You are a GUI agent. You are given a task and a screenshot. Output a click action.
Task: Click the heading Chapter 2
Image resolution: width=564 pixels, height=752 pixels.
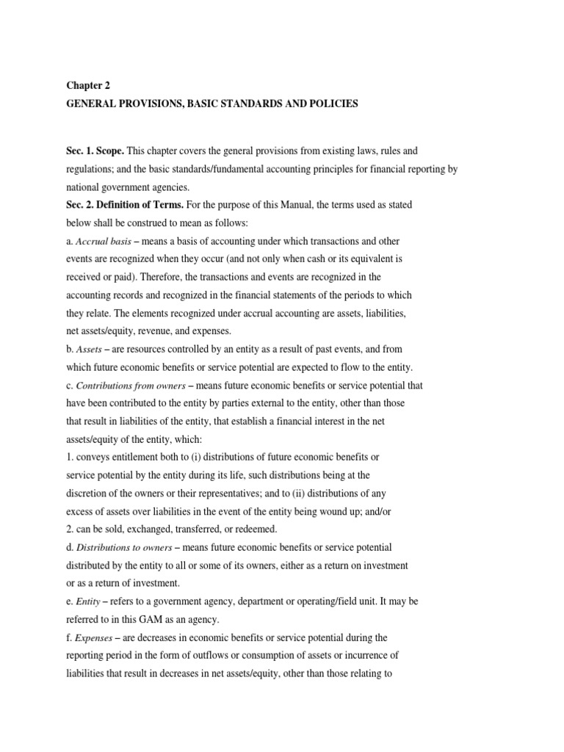pyautogui.click(x=87, y=85)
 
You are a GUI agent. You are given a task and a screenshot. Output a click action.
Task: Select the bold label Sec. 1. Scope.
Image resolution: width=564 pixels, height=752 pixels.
pyautogui.click(x=95, y=151)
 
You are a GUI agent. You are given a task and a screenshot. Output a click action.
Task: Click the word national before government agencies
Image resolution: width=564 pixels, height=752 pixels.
pyautogui.click(x=82, y=187)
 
